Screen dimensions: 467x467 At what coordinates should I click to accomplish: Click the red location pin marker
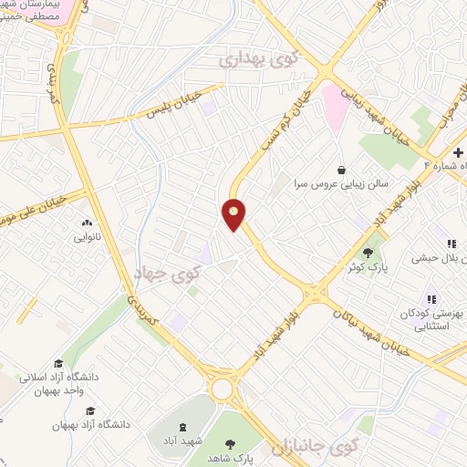coord(234,214)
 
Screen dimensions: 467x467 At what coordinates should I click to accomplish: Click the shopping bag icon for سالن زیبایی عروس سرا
coord(341,169)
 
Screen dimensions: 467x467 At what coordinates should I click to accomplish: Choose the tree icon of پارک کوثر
coord(368,253)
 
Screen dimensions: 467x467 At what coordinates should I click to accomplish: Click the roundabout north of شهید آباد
coord(223,389)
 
